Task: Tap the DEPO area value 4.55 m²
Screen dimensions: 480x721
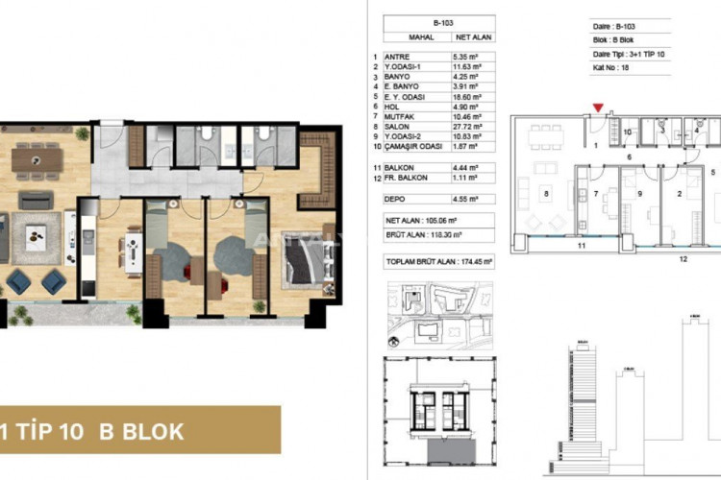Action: pyautogui.click(x=467, y=199)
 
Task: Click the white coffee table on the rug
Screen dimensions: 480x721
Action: pyautogui.click(x=37, y=231)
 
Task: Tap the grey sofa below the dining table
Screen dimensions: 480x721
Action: pyautogui.click(x=37, y=200)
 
